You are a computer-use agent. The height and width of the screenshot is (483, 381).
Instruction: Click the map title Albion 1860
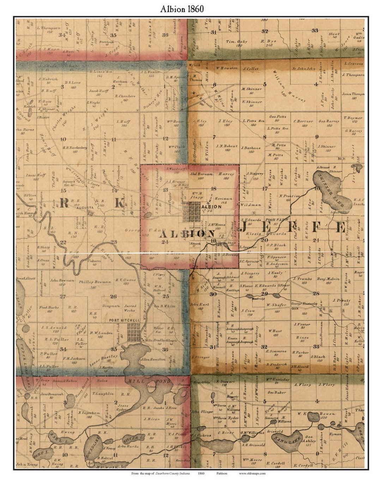(x=182, y=9)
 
